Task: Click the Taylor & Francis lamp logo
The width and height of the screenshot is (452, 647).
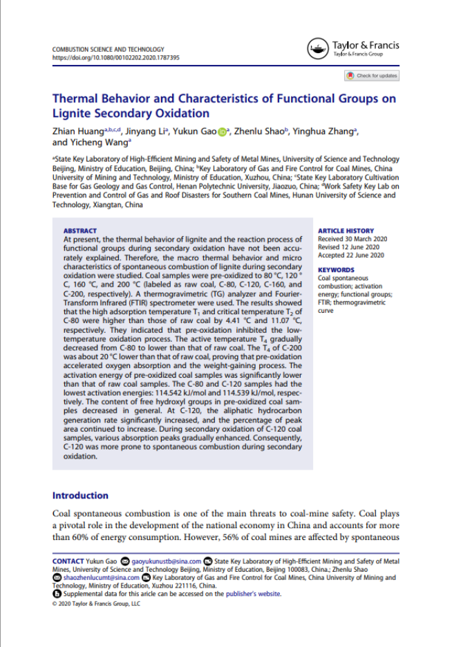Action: coord(317,49)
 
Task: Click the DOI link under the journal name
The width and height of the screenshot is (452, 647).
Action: coord(115,58)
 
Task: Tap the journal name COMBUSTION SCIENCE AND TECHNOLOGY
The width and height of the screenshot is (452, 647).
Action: coord(109,50)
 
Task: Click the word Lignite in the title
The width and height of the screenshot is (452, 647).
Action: coord(72,113)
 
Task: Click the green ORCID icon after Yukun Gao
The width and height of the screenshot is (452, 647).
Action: coord(222,132)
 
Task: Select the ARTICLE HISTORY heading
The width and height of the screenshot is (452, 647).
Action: coord(346,231)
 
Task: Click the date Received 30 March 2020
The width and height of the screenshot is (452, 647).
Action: coord(352,238)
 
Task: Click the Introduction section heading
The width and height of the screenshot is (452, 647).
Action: coord(80,495)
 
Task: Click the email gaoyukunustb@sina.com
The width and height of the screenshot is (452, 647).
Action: coord(167,561)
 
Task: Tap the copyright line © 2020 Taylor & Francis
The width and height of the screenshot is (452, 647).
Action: coord(96,603)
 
